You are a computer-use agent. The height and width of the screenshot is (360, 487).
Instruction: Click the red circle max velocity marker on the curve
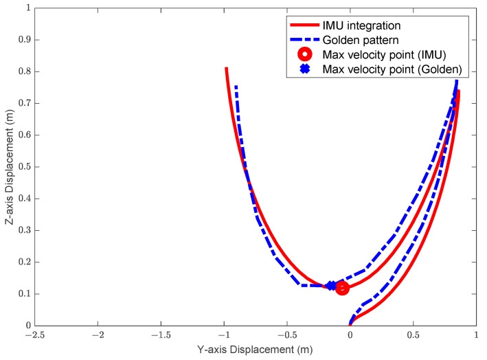(342, 288)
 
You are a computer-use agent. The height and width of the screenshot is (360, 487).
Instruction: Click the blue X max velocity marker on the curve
(331, 286)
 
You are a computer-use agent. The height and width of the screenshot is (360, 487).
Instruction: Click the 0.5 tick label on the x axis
(413, 336)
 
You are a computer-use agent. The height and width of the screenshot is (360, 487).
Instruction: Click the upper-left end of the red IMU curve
(226, 68)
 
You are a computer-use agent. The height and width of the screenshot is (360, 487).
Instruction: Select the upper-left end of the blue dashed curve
(236, 86)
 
